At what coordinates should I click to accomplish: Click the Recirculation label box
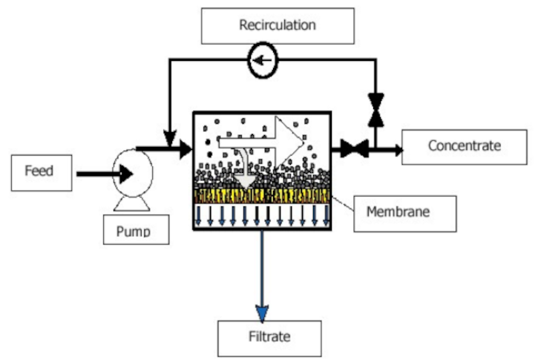[277, 26]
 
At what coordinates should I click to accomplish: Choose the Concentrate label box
[465, 145]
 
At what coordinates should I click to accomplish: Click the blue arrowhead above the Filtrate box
[261, 311]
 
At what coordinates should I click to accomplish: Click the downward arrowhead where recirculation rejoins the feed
[170, 138]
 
